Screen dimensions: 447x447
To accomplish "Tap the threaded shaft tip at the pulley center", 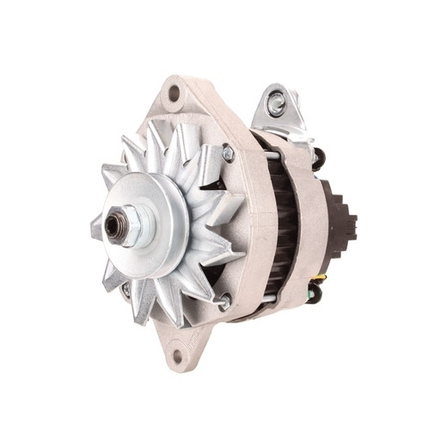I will click(x=113, y=225).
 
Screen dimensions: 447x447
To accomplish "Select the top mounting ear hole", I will click(x=175, y=93).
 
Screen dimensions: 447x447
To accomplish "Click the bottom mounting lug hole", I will click(x=178, y=352).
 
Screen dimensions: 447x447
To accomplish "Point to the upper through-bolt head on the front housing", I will click(x=228, y=154).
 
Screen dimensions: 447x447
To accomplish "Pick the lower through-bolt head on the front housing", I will click(x=225, y=301).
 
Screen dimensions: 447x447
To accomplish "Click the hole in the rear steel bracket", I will click(x=276, y=105).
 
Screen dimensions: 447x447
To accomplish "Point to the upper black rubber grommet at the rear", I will click(x=318, y=158).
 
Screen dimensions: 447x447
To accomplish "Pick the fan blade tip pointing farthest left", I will click(x=95, y=229).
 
